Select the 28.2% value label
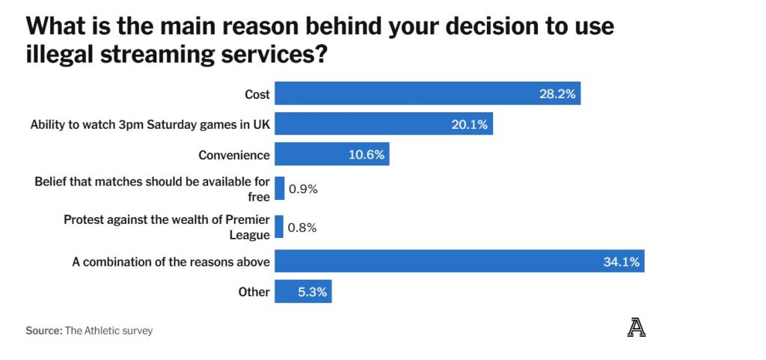557,94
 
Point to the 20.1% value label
469,124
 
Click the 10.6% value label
367,155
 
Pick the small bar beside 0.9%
280,189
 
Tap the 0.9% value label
303,189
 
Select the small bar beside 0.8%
279,227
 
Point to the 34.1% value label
621,262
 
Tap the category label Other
254,292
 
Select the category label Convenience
233,155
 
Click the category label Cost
257,94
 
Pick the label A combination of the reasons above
171,262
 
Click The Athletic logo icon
636,328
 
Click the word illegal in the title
62,55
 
